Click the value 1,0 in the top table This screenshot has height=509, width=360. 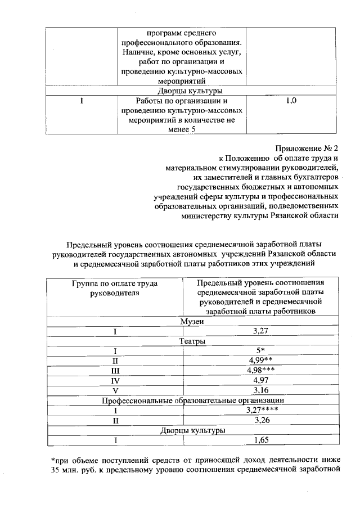(291, 101)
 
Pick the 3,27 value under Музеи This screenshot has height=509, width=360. (260, 331)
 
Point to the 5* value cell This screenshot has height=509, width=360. (260, 350)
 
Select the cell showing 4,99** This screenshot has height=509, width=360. (260, 361)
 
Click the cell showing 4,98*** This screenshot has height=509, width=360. (260, 370)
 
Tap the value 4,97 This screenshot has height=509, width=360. (260, 380)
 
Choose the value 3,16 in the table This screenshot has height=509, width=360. (260, 390)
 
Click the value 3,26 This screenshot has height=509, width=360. (260, 420)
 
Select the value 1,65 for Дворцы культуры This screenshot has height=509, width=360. (260, 440)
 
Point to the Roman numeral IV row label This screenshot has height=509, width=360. (114, 380)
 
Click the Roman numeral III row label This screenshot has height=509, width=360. (114, 370)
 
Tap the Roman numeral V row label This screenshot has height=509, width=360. (114, 390)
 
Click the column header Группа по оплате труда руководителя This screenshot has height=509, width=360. (114, 288)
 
